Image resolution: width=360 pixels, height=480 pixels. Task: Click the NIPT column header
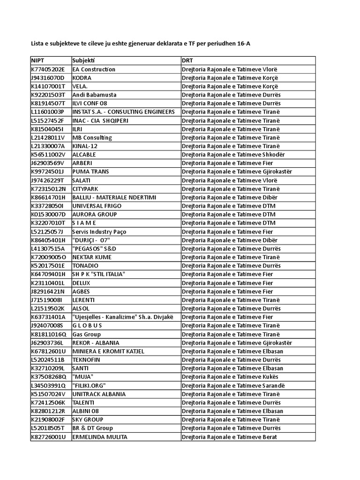pos(37,61)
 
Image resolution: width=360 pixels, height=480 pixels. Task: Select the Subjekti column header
pos(83,61)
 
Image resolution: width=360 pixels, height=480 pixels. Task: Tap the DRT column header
pos(188,61)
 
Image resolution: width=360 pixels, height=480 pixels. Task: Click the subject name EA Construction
pos(94,69)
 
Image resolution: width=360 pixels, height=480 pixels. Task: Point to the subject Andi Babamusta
pos(94,95)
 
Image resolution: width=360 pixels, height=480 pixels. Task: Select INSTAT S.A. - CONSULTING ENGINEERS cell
pos(123,112)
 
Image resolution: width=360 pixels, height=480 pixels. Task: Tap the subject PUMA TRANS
pos(91,172)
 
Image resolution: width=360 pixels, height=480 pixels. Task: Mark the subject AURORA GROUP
pos(94,214)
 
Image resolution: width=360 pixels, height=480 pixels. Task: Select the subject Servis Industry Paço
pos(99,232)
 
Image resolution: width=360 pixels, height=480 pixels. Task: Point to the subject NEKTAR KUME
pos(91,257)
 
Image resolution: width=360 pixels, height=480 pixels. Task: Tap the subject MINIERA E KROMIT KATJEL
pos(108,351)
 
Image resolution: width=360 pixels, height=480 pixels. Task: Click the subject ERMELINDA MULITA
pos(99,437)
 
